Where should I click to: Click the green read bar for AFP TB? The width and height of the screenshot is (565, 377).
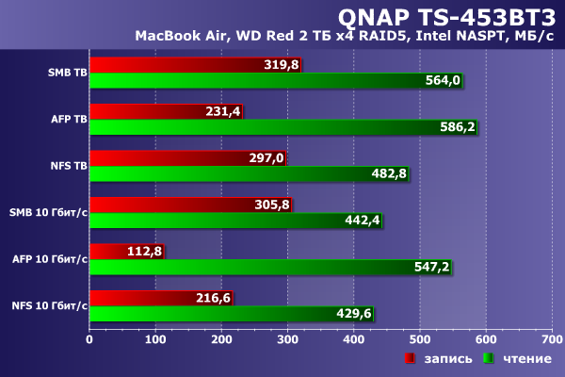coord(282,127)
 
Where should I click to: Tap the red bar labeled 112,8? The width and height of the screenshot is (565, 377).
coord(113,251)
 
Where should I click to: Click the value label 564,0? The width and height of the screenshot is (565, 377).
coord(443,81)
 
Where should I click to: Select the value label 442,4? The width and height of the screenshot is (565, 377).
coord(362,221)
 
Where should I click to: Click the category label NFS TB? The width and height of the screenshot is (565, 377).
coord(69,165)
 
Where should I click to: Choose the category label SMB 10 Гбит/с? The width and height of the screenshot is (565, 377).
coord(48,212)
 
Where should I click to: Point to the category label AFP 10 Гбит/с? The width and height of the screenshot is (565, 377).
coord(50,258)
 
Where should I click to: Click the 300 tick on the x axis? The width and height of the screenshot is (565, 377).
coord(287,338)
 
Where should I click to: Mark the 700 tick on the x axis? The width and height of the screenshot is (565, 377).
coord(551,338)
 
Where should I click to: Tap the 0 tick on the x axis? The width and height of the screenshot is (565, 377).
coord(89,338)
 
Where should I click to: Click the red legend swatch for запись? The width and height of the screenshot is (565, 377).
coord(411,359)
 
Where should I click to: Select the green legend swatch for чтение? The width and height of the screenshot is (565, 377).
coord(488,359)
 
